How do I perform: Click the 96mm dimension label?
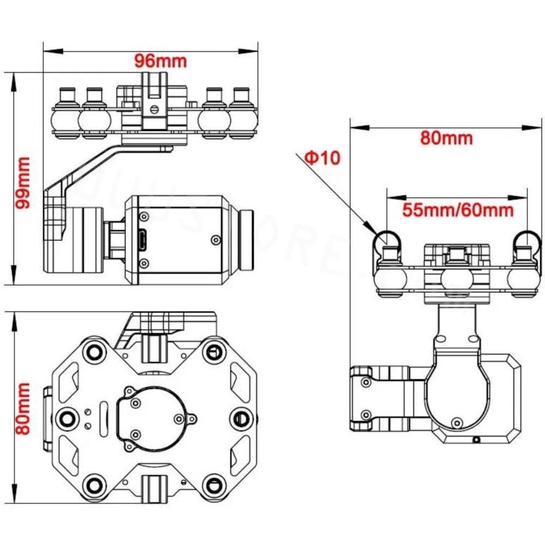pos(161,60)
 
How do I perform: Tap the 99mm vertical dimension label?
pos(23,183)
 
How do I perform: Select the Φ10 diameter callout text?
pos(322,158)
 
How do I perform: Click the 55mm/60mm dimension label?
pos(458,209)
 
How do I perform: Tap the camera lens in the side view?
pos(248,240)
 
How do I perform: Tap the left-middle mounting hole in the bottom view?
pos(67,417)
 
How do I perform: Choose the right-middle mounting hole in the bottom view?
pos(241,417)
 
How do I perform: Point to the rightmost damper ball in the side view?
pos(241,118)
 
